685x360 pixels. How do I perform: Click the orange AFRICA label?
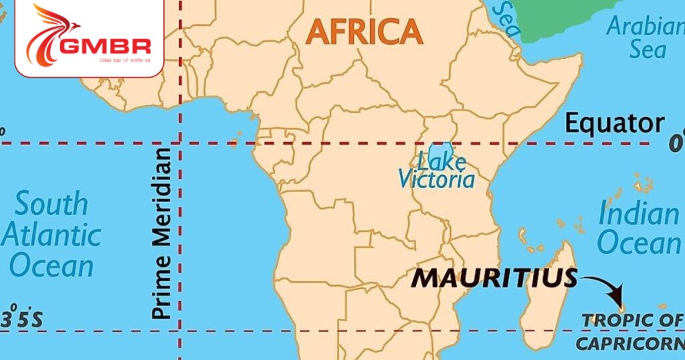point(365,31)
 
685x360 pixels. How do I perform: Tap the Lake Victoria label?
point(437,169)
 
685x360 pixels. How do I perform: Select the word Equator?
point(615,124)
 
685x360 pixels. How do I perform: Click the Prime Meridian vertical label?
point(161,234)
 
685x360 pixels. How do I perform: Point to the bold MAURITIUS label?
point(494,278)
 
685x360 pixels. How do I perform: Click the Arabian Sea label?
point(643,38)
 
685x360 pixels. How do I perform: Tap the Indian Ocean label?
point(638,228)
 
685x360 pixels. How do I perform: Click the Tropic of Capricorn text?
point(629,332)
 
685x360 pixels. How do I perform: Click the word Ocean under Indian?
point(638,244)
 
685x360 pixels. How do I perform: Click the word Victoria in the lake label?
point(437,179)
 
